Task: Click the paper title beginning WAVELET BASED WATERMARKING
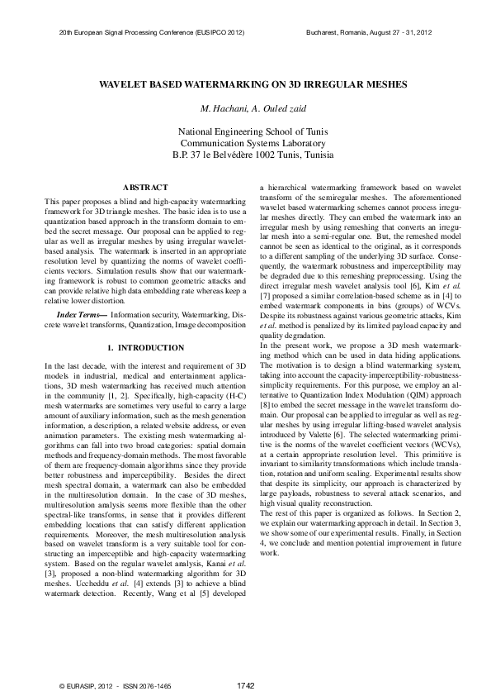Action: [245, 84]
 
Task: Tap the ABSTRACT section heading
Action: [145, 188]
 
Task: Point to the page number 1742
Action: [245, 685]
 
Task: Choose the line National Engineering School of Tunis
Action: [245, 131]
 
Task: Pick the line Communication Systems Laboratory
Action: [245, 143]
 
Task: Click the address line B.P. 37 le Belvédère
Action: [245, 155]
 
